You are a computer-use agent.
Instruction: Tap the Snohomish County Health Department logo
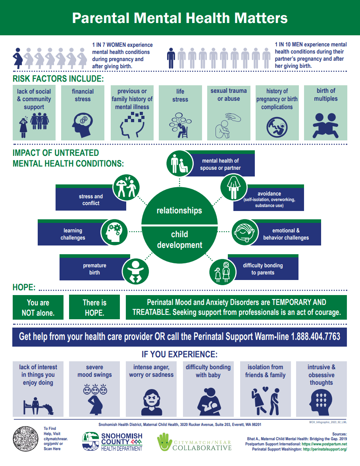click(x=112, y=441)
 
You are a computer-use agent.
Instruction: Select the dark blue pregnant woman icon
click(x=18, y=58)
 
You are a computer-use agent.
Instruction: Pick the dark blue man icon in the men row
click(x=171, y=58)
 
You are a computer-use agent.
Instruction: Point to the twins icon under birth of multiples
click(x=325, y=124)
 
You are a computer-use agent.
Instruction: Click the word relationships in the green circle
click(x=179, y=211)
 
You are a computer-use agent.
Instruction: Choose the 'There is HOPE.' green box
click(x=94, y=307)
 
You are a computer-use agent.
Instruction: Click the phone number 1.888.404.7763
click(x=316, y=337)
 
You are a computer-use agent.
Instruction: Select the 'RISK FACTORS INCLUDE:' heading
click(x=58, y=79)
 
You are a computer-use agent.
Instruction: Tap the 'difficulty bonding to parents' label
click(x=263, y=269)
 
